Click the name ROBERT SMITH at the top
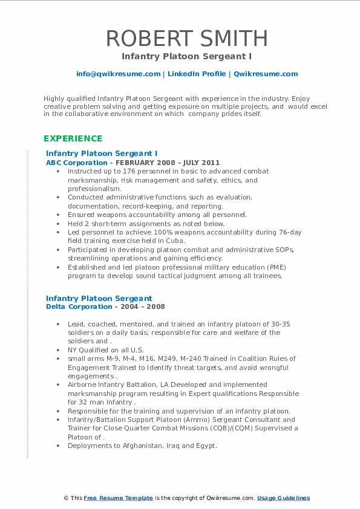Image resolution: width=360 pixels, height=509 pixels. coord(186,38)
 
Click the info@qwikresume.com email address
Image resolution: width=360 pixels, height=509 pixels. coord(118,74)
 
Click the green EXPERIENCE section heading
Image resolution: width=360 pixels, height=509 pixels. coord(72,138)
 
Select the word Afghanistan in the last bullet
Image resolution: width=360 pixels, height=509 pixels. coord(139,446)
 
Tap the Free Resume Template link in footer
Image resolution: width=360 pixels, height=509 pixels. coord(118,498)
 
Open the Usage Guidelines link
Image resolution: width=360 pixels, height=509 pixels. coord(283,498)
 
